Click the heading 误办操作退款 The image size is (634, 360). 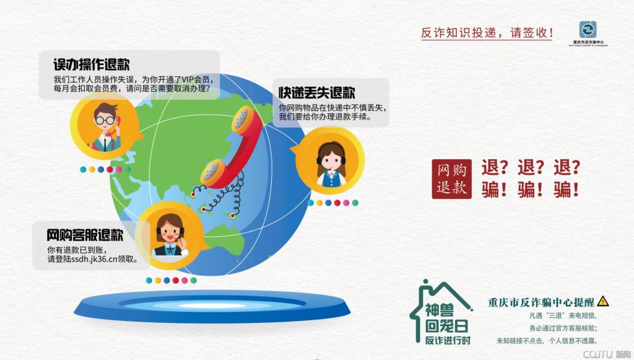click(92, 64)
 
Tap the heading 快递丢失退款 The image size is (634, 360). click(316, 92)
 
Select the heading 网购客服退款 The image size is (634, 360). click(84, 235)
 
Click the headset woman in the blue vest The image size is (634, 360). click(331, 164)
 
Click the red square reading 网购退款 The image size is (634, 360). click(451, 179)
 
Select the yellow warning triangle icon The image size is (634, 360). click(602, 301)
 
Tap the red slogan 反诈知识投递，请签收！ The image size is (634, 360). click(487, 33)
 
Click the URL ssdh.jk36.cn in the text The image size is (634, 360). click(95, 259)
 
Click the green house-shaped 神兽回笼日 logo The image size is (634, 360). click(441, 313)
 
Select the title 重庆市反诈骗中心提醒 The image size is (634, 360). click(541, 302)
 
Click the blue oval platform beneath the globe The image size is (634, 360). click(212, 306)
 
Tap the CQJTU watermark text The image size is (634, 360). click(607, 354)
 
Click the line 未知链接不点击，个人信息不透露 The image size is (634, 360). click(547, 341)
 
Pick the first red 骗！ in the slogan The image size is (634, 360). click(493, 190)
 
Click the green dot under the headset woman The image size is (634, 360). click(355, 203)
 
